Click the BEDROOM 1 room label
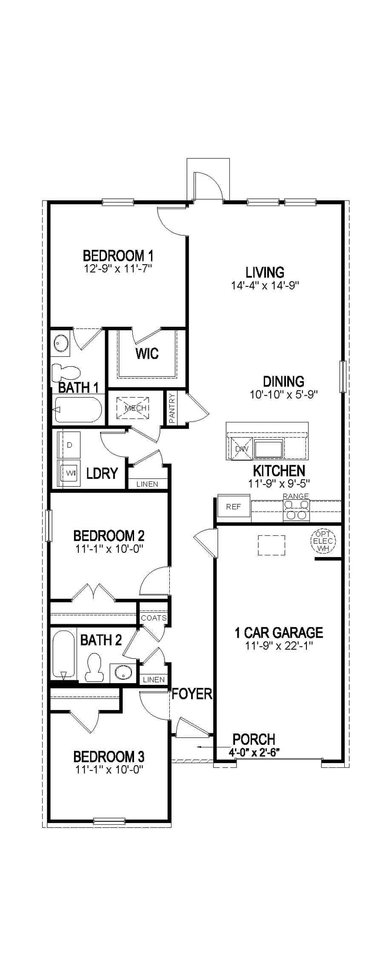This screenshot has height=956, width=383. pos(118,256)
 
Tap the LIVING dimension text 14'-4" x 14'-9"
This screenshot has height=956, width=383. pos(265,285)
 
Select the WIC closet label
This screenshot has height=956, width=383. pos(147,353)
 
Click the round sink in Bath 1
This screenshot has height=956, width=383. pos(61,343)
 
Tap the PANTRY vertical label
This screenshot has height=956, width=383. pos(172,408)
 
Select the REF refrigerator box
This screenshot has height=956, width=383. pos(233,507)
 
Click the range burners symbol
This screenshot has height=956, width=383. pos(296,510)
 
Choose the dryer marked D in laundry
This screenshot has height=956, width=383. pos(70,445)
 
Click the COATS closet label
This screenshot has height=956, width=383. pos(154,618)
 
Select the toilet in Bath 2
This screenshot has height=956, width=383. pos(94,668)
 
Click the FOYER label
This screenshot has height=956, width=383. pos(192,694)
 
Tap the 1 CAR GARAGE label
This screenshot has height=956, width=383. pos(279,633)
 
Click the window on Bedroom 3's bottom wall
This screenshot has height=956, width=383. pos(110,821)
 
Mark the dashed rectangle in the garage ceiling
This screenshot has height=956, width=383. pos(271,545)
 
